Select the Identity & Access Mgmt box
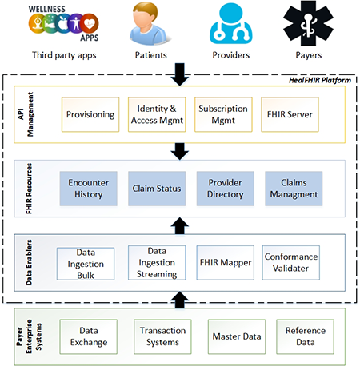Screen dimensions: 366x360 (x=156, y=115)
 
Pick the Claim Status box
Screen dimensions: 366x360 (x=156, y=189)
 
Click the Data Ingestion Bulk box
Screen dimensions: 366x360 (x=86, y=263)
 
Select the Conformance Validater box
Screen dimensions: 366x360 (x=290, y=263)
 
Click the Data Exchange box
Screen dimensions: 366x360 (x=90, y=335)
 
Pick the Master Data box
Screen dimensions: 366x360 (x=234, y=335)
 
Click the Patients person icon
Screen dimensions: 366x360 (x=147, y=25)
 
